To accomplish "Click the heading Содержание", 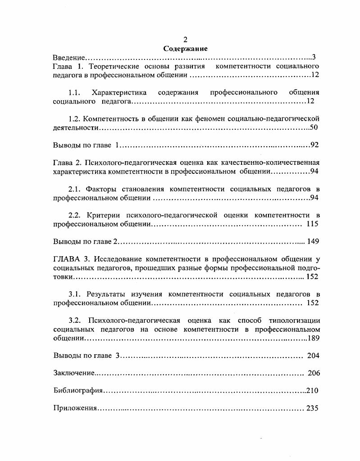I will (x=185, y=49).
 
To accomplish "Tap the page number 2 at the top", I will (x=185, y=40).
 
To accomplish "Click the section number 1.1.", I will (x=74, y=93).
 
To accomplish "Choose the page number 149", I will (x=313, y=241).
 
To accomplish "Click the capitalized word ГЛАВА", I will (x=65, y=259).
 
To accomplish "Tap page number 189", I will (x=313, y=338).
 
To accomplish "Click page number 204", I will (x=313, y=356).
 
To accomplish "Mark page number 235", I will (x=312, y=408).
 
